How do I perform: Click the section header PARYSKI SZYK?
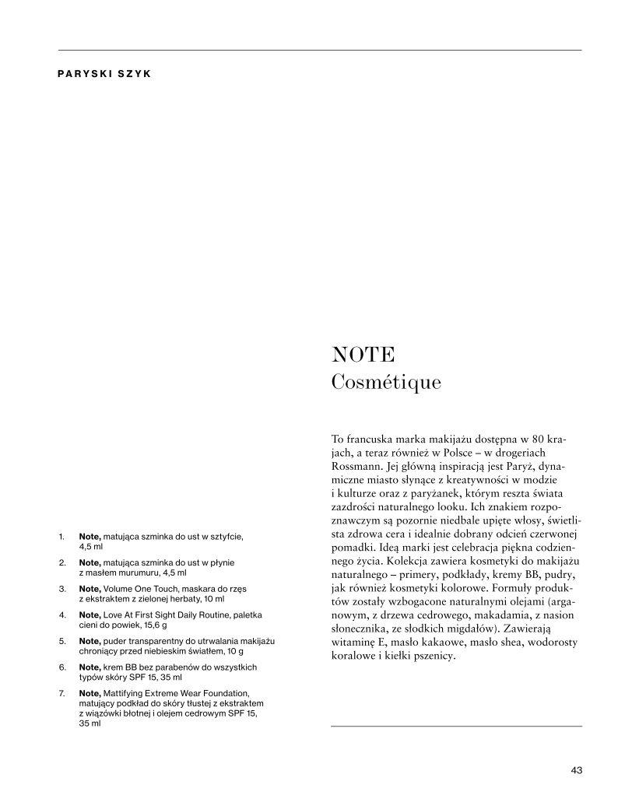(x=104, y=75)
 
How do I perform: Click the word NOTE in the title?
(x=363, y=355)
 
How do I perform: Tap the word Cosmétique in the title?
(x=386, y=382)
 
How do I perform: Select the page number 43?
(x=576, y=771)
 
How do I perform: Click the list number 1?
(x=61, y=537)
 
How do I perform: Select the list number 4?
(x=61, y=615)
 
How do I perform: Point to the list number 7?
(x=61, y=693)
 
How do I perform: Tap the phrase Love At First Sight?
(x=139, y=615)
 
